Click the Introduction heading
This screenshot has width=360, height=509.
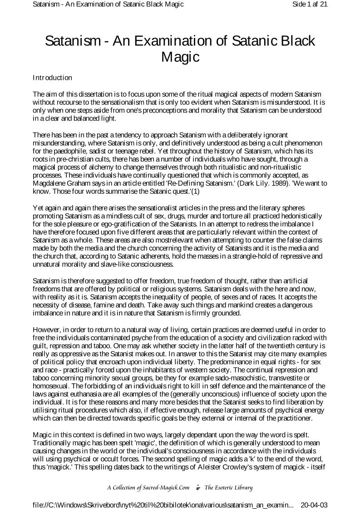click(52, 78)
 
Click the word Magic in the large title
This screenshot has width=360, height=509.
click(181, 58)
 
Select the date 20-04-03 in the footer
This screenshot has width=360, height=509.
click(314, 504)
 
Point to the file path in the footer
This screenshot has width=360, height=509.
click(163, 504)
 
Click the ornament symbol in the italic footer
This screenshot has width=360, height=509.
click(197, 488)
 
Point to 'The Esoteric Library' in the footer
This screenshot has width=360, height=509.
click(228, 488)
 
